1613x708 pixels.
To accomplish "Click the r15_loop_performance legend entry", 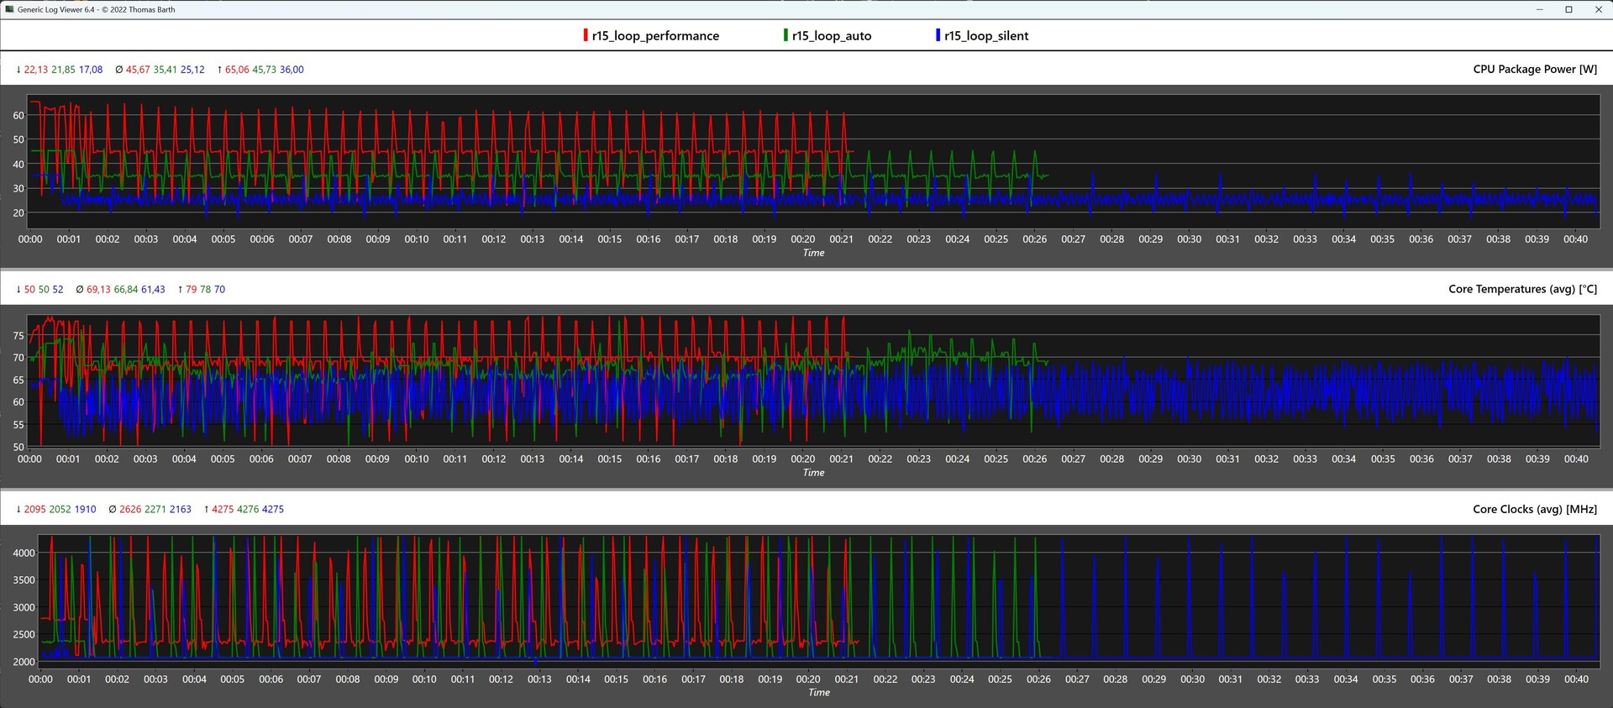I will coord(654,35).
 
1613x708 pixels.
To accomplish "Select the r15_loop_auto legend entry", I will coord(831,35).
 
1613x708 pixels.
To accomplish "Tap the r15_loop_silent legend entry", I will coord(985,35).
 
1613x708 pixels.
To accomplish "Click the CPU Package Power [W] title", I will coord(1535,69).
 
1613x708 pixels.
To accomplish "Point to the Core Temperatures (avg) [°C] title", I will coord(1522,289).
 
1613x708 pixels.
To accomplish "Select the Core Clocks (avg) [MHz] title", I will coord(1535,509).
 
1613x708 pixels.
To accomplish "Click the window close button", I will coord(1598,9).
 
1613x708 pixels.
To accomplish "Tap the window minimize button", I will coord(1540,9).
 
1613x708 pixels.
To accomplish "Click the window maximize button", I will coord(1568,9).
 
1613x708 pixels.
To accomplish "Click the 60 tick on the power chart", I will coord(18,115).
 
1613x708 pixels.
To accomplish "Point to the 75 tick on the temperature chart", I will coord(18,335).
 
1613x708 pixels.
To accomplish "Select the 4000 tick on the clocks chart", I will coord(24,553).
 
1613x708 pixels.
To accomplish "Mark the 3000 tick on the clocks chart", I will coord(24,607).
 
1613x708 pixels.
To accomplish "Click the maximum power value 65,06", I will coord(237,70).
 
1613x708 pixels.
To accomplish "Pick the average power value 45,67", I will coord(138,70).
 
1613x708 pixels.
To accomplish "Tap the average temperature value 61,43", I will coord(153,290).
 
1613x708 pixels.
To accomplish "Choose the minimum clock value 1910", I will coord(85,510).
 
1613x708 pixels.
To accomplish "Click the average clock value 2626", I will coord(130,510).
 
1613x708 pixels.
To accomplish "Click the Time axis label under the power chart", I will coord(813,253).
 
